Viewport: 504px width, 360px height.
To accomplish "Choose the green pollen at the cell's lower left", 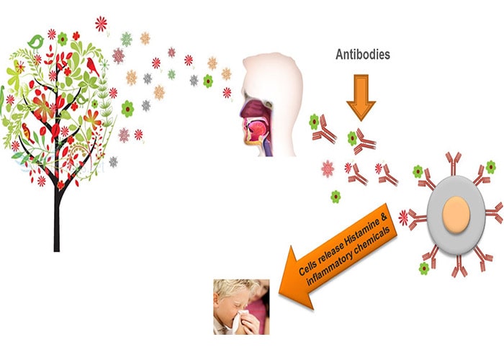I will pos(424,268).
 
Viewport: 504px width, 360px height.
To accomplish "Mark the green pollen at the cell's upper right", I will pos(490,167).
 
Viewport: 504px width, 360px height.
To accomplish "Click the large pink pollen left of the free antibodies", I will pos(328,169).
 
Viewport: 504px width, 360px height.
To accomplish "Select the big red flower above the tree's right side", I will pos(102,24).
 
